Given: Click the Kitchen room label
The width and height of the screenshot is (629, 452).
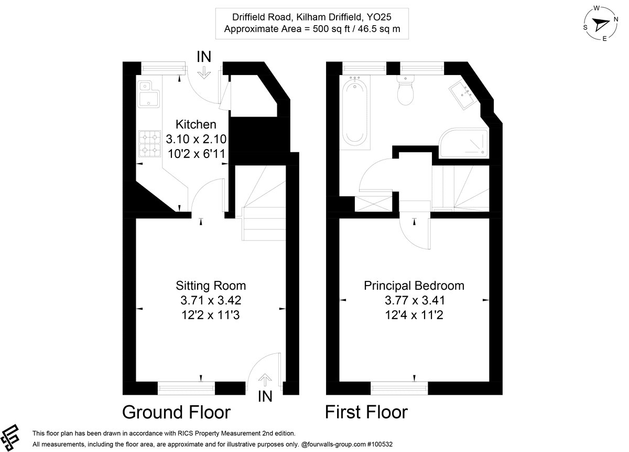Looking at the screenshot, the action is (196, 124).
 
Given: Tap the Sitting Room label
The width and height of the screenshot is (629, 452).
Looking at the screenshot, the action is (211, 286).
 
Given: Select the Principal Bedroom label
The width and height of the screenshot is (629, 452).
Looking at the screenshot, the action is (414, 286).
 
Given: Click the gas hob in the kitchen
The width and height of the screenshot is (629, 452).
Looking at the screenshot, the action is (150, 144).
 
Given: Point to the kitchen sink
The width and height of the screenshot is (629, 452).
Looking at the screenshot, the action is (148, 94).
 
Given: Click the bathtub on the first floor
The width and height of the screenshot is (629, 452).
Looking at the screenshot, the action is (355, 111).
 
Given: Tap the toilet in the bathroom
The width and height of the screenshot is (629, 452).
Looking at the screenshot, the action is (406, 90).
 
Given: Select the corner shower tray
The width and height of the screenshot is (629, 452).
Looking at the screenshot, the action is (463, 143).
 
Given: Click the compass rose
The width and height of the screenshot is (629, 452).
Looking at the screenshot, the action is (601, 24).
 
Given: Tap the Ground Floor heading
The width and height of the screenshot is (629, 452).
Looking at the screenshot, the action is (176, 412).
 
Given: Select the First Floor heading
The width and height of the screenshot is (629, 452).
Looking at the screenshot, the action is (366, 412).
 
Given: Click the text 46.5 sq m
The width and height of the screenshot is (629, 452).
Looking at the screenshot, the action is (379, 29).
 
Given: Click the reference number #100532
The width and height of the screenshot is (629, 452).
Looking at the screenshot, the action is (379, 444).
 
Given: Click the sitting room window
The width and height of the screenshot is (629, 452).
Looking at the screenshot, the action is (186, 388).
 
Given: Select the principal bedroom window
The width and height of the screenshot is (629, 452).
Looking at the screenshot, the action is (399, 388).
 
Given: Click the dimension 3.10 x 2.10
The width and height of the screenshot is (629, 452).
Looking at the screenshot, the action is (196, 139).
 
